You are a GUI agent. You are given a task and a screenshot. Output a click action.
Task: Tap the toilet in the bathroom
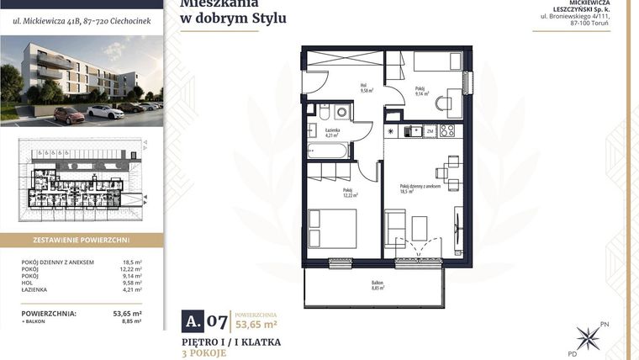(x=323, y=112)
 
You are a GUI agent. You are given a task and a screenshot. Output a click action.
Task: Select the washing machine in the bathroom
(x=341, y=112)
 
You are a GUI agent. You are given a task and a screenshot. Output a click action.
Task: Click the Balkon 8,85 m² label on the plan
(x=378, y=286)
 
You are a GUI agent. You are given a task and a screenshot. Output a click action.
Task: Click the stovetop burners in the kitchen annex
(x=447, y=130)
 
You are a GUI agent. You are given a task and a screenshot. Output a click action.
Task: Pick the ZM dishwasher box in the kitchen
(x=429, y=131)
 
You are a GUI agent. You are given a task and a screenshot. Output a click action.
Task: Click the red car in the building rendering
(x=69, y=115)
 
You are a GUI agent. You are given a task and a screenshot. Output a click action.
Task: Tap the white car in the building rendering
(x=105, y=111)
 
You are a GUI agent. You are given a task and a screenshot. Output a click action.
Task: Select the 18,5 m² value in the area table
(x=132, y=262)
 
